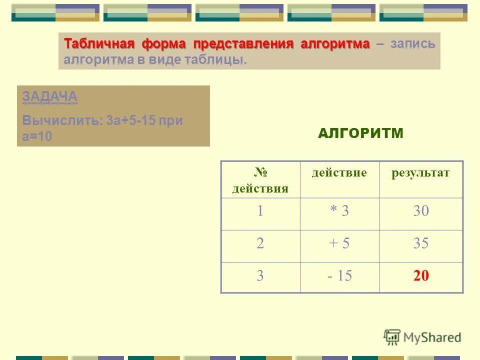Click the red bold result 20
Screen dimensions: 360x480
point(421,276)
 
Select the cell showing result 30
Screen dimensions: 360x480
point(421,211)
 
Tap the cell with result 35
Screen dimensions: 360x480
point(421,243)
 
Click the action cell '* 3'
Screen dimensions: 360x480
point(339,211)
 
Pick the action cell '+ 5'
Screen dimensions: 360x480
point(339,243)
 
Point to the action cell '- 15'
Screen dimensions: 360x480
point(339,276)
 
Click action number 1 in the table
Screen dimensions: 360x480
point(260,211)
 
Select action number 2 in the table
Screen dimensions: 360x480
point(260,243)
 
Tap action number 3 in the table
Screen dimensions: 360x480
point(260,276)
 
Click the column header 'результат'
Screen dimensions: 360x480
point(420,173)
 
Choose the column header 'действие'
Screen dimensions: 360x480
point(339,173)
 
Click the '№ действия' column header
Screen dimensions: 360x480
point(260,180)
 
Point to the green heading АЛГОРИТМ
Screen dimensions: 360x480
point(360,133)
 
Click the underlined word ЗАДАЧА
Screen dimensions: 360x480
point(49,97)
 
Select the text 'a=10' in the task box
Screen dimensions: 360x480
point(37,136)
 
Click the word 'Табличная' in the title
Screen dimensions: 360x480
point(99,43)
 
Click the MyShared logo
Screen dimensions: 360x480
point(422,337)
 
